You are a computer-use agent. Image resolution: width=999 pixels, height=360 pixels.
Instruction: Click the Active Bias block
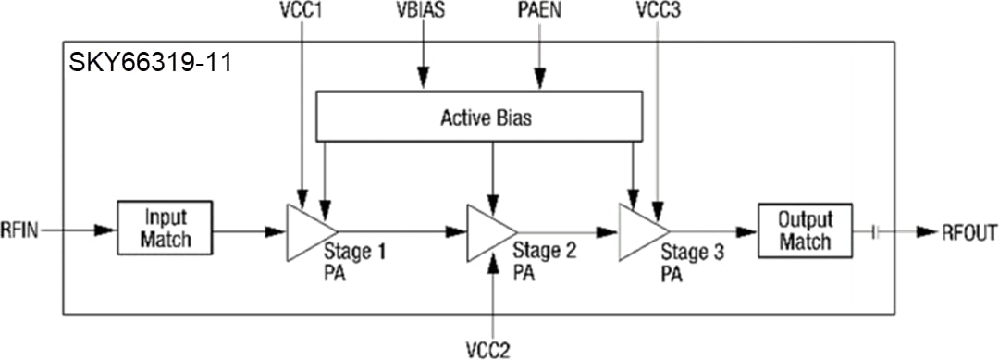pos(478,118)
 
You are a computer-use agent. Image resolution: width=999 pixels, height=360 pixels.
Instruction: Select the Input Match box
pos(166,228)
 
